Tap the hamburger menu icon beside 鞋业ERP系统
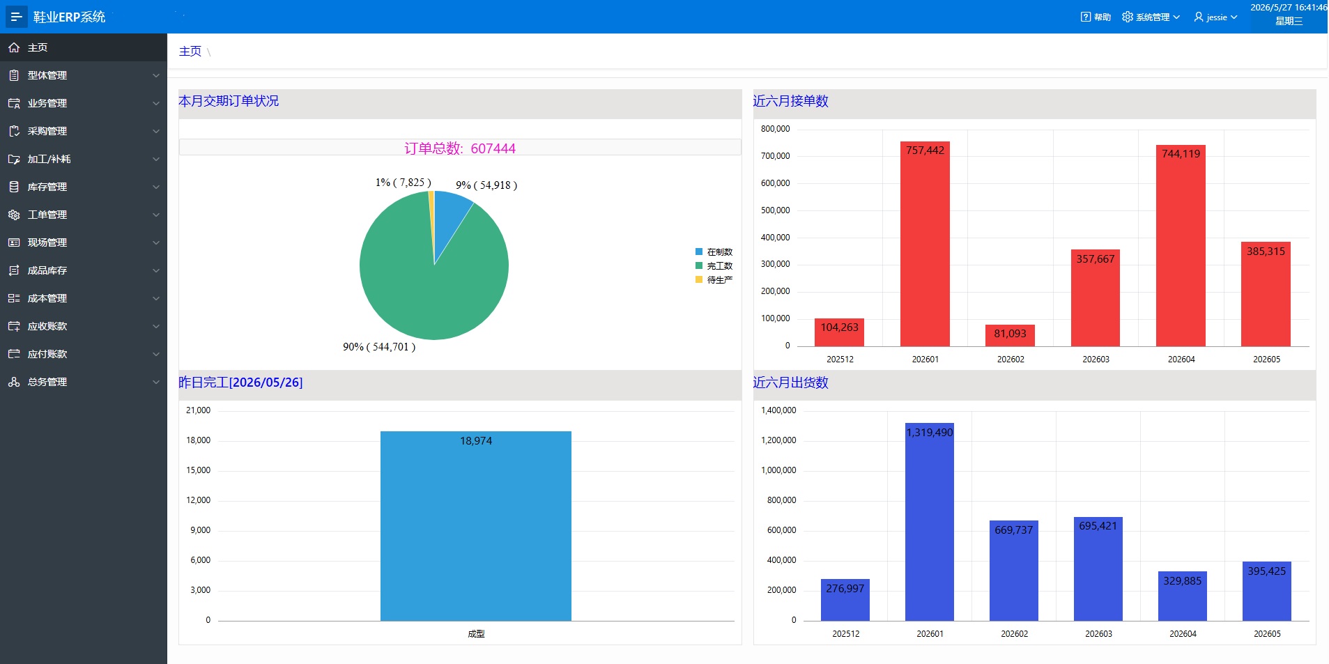[16, 17]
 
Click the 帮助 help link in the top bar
[1096, 17]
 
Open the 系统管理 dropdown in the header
[1151, 17]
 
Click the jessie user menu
[1215, 17]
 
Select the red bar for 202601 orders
[925, 244]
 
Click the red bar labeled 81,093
[1010, 335]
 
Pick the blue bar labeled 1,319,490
[930, 522]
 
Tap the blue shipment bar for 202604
[1183, 596]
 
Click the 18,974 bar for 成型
[476, 526]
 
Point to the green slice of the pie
[425, 279]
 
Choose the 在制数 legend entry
[714, 252]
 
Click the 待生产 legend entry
[714, 279]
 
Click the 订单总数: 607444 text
[460, 148]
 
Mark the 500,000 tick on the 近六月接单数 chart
[775, 210]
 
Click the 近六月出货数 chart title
[790, 383]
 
